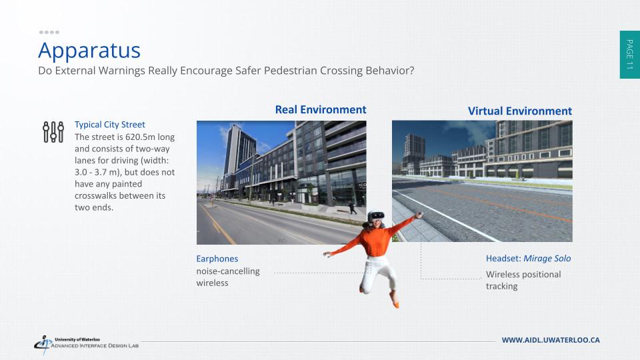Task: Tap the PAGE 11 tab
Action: coord(630,54)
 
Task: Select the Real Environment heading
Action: coord(321,110)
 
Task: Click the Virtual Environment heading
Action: coord(519,111)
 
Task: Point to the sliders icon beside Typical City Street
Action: coord(53,132)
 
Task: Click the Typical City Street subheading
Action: coord(110,125)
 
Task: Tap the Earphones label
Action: coord(217,259)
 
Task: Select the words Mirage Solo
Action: coord(547,259)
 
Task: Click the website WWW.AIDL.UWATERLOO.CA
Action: coord(551,340)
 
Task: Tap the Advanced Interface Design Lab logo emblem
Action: coord(43,344)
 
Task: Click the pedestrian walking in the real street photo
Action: coord(352,208)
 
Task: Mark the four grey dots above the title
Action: coord(49,32)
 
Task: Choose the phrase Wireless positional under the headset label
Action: coord(523,274)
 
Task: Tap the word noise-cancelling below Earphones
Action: coord(228,271)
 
